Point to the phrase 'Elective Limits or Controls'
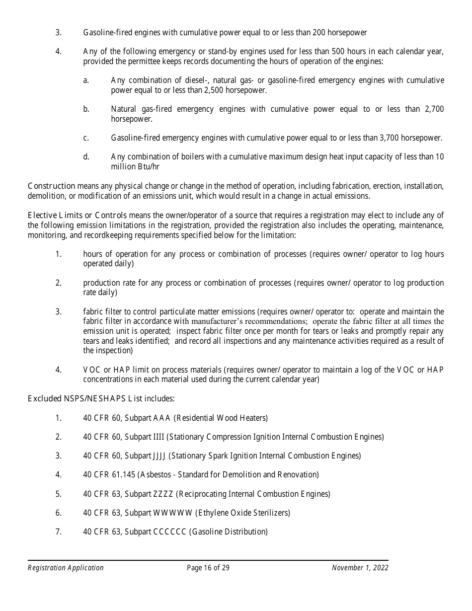[78, 215]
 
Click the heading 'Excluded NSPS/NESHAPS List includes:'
[101, 398]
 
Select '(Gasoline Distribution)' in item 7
[229, 532]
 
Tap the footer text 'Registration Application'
[66, 568]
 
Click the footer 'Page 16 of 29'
[208, 568]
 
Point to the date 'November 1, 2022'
[360, 568]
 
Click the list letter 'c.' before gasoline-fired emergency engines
[86, 138]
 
